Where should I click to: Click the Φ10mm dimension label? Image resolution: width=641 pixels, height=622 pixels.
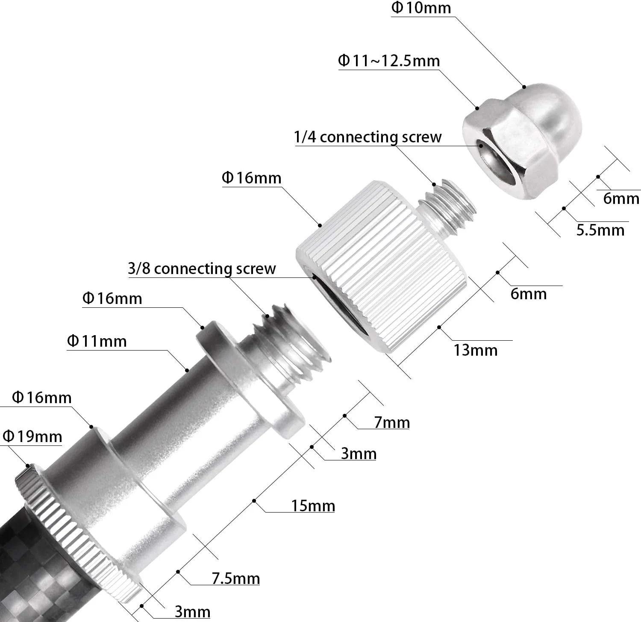tap(421, 8)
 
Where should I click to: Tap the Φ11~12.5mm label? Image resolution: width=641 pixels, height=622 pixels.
tap(389, 61)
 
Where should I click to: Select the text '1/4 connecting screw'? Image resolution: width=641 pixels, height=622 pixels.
tap(368, 137)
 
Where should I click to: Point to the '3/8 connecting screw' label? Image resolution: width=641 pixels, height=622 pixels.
tap(202, 268)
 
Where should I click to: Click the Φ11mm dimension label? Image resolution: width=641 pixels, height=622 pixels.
tap(97, 341)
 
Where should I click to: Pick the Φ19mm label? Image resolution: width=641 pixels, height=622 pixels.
tap(32, 436)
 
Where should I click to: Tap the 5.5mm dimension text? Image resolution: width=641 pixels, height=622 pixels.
tap(600, 230)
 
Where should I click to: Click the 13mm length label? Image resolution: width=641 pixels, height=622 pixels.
tap(476, 350)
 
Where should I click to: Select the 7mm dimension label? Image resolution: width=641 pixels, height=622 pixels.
tap(392, 422)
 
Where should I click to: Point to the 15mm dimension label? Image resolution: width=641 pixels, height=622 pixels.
tap(313, 506)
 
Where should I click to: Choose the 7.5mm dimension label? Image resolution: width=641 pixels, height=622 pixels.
tap(236, 578)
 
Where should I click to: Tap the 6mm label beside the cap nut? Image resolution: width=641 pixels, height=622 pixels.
tap(621, 198)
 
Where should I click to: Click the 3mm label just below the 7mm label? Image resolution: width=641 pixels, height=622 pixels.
tap(359, 454)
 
